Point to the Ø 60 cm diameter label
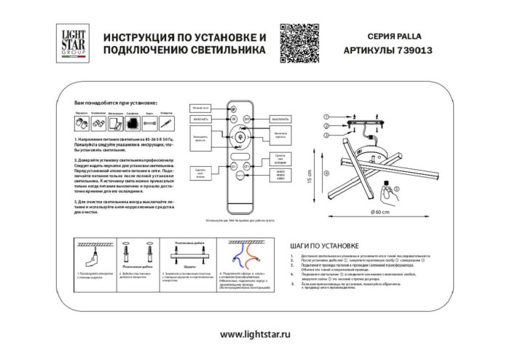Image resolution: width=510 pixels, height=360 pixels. [x=383, y=211]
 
